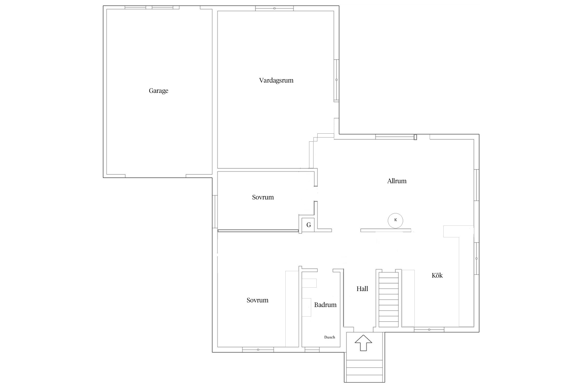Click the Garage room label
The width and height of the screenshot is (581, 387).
(159, 91)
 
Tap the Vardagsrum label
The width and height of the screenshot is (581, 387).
(276, 80)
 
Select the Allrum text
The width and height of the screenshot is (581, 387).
(397, 181)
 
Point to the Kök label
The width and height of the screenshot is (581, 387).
(437, 275)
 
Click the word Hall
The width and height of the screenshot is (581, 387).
(362, 289)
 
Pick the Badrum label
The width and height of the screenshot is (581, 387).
(325, 305)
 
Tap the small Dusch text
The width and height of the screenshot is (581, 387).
(330, 337)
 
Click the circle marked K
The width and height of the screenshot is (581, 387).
(395, 220)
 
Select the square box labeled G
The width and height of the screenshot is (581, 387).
(309, 225)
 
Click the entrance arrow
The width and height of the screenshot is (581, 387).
(363, 343)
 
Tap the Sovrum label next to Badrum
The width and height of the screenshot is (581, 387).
(257, 300)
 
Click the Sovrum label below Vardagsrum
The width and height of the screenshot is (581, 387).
(263, 197)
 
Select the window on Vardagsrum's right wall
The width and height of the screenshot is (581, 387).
(336, 80)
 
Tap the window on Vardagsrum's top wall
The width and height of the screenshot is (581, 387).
(274, 9)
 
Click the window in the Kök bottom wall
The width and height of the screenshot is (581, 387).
(429, 329)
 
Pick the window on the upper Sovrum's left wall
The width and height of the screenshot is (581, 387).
(215, 212)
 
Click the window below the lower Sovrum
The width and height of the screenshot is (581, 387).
(258, 350)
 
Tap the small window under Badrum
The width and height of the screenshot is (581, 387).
(312, 350)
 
